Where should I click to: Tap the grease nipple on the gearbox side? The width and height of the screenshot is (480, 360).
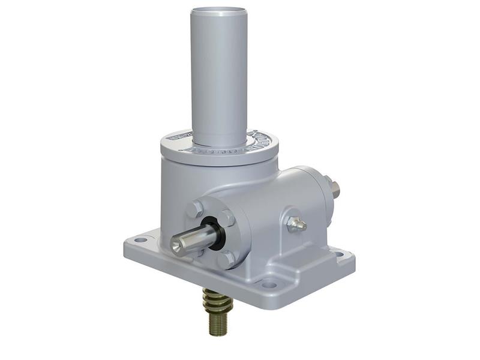[296, 224]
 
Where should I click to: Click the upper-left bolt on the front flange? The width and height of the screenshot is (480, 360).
[196, 209]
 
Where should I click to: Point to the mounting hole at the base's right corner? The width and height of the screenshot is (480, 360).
[340, 254]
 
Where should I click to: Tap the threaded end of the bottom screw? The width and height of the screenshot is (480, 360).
[217, 324]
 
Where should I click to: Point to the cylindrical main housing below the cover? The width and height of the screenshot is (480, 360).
[180, 186]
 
